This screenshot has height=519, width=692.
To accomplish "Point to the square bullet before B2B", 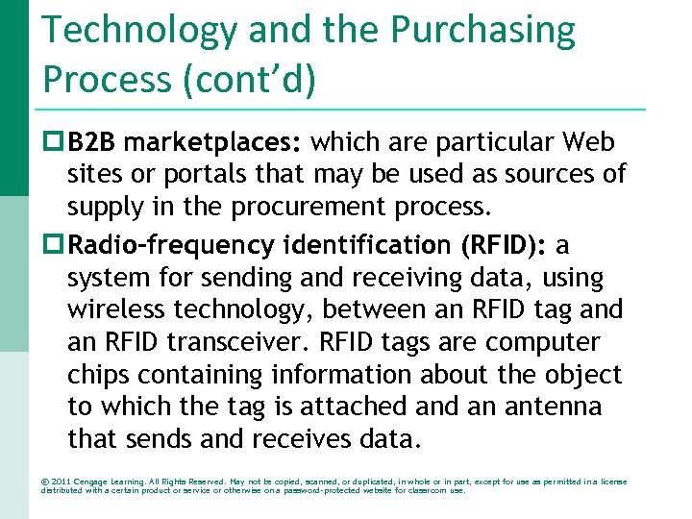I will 52,143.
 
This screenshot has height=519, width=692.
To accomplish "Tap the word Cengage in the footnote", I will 100,481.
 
